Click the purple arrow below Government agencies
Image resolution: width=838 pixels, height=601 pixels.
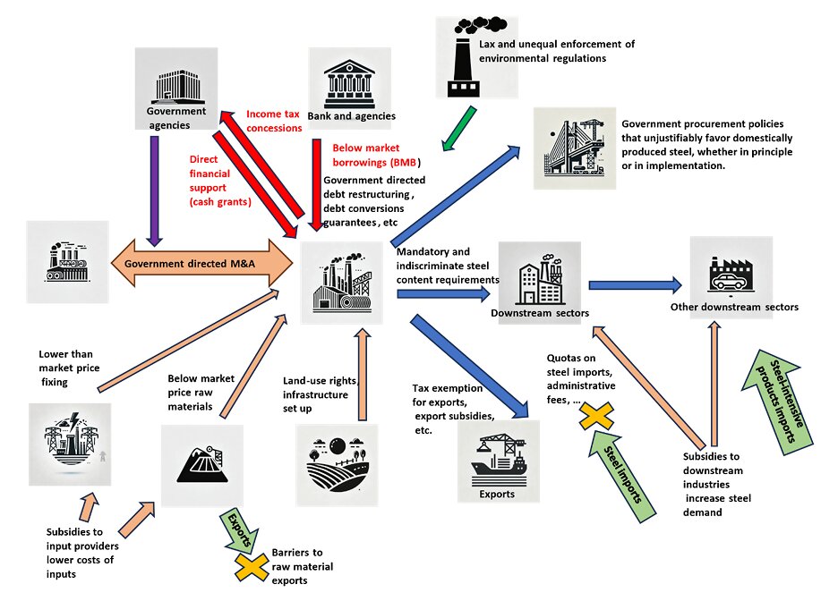coord(155,190)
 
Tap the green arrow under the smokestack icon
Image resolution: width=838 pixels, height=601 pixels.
coord(459,128)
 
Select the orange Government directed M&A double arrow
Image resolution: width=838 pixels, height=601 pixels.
coord(201,263)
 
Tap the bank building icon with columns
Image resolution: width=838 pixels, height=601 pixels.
coord(349,85)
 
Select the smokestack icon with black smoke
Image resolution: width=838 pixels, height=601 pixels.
coord(476,57)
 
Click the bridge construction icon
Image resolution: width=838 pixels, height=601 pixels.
coord(575,148)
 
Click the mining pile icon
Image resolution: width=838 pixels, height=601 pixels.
coord(202,465)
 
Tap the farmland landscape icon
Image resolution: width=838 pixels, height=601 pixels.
coord(337,465)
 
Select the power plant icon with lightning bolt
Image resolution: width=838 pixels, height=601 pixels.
coord(70,444)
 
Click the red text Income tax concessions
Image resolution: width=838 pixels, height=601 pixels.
coord(274,121)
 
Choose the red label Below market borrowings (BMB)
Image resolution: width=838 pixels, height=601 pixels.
coord(376,155)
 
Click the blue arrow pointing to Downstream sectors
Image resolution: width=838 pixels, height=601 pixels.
coord(443,293)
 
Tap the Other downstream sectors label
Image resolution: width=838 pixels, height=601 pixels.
coord(734,307)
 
